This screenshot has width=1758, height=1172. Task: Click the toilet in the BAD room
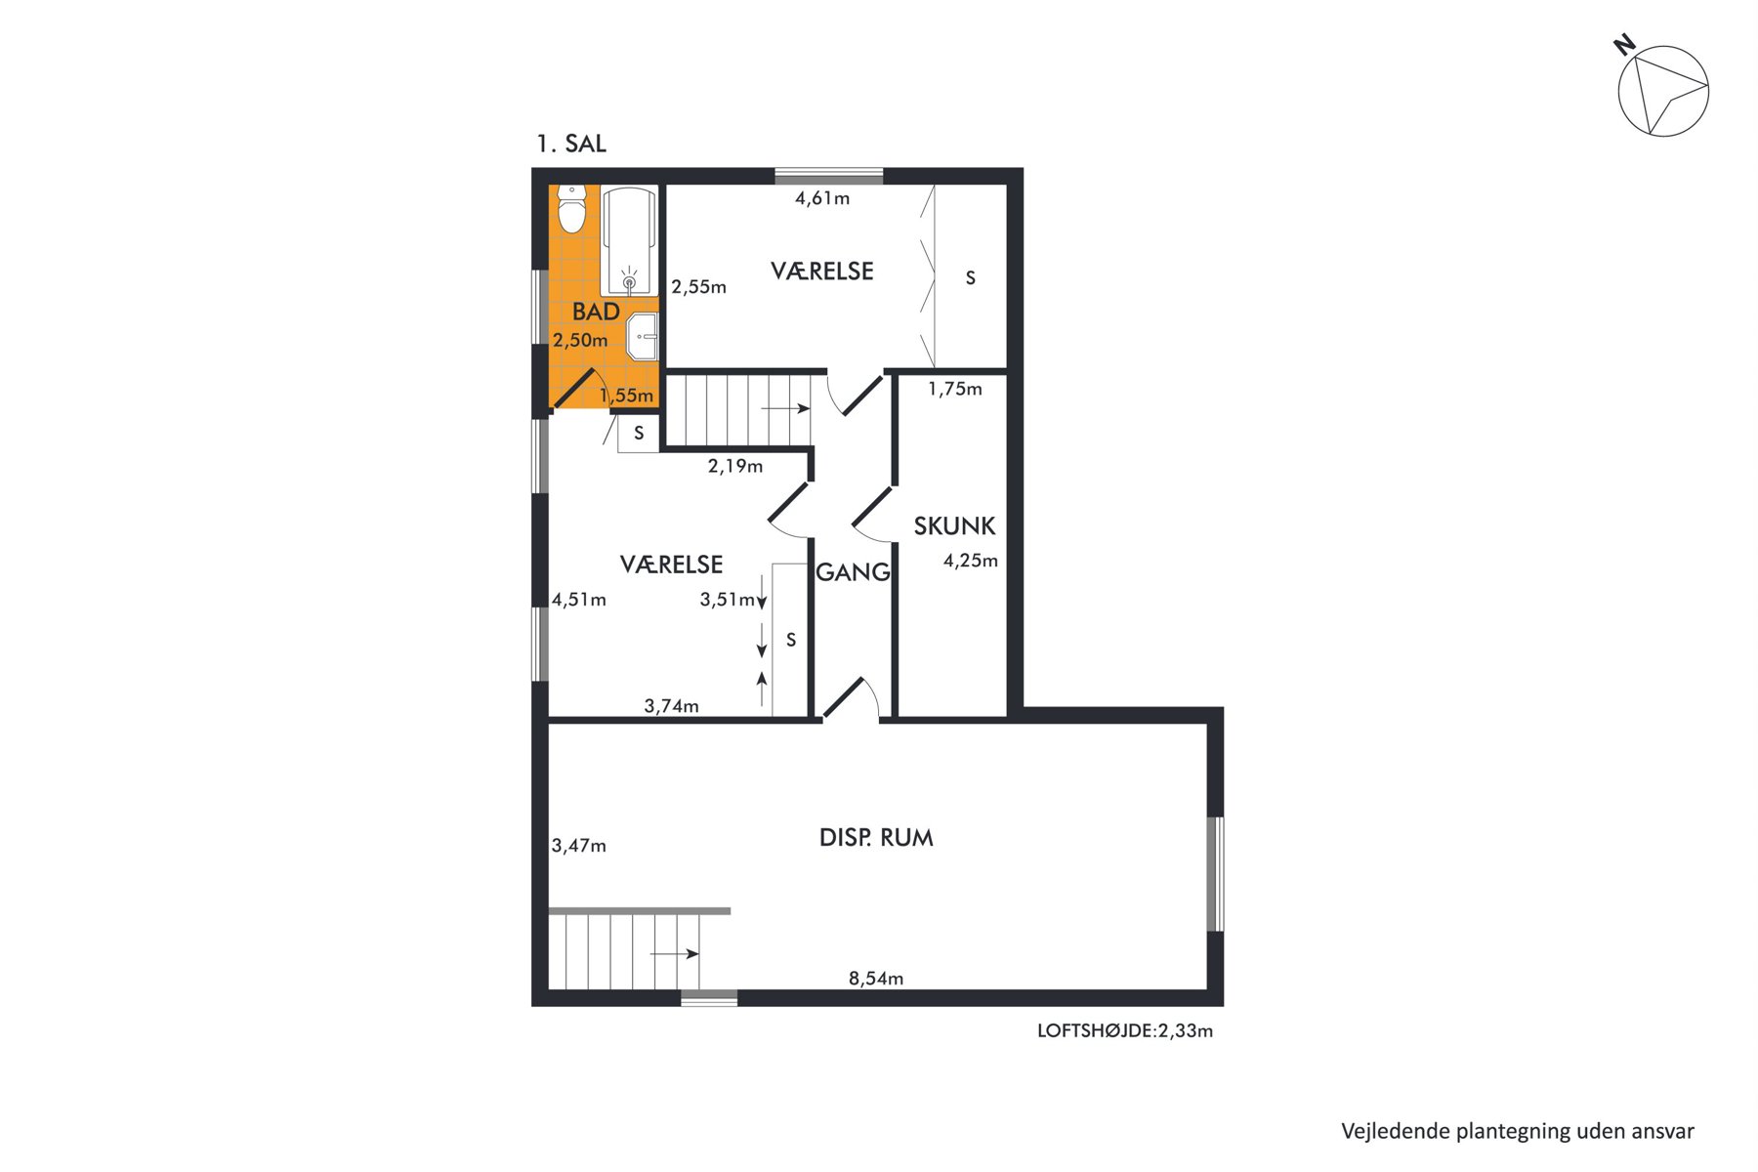[571, 209]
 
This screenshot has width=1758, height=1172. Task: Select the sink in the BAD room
[643, 338]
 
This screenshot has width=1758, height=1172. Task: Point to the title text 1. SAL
[571, 144]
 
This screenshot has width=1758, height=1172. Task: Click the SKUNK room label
[954, 526]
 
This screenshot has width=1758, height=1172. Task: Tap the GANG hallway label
[853, 572]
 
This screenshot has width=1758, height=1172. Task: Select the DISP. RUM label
[876, 838]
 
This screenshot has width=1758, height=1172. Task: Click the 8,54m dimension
[876, 979]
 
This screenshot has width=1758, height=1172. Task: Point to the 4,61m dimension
[822, 198]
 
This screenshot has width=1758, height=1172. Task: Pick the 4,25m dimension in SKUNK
[970, 561]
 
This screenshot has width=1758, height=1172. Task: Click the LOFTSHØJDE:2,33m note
[1125, 1030]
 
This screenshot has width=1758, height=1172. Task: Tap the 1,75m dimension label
[955, 389]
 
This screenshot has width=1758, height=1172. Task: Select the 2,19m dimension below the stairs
[735, 466]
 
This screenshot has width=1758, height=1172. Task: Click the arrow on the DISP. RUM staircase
[675, 953]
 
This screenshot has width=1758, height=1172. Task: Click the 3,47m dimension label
[579, 846]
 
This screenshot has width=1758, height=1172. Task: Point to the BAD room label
[596, 312]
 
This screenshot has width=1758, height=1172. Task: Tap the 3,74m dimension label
[672, 706]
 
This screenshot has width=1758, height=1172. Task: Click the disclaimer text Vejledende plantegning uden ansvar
[1518, 1131]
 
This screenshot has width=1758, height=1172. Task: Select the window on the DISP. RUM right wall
[1216, 874]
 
